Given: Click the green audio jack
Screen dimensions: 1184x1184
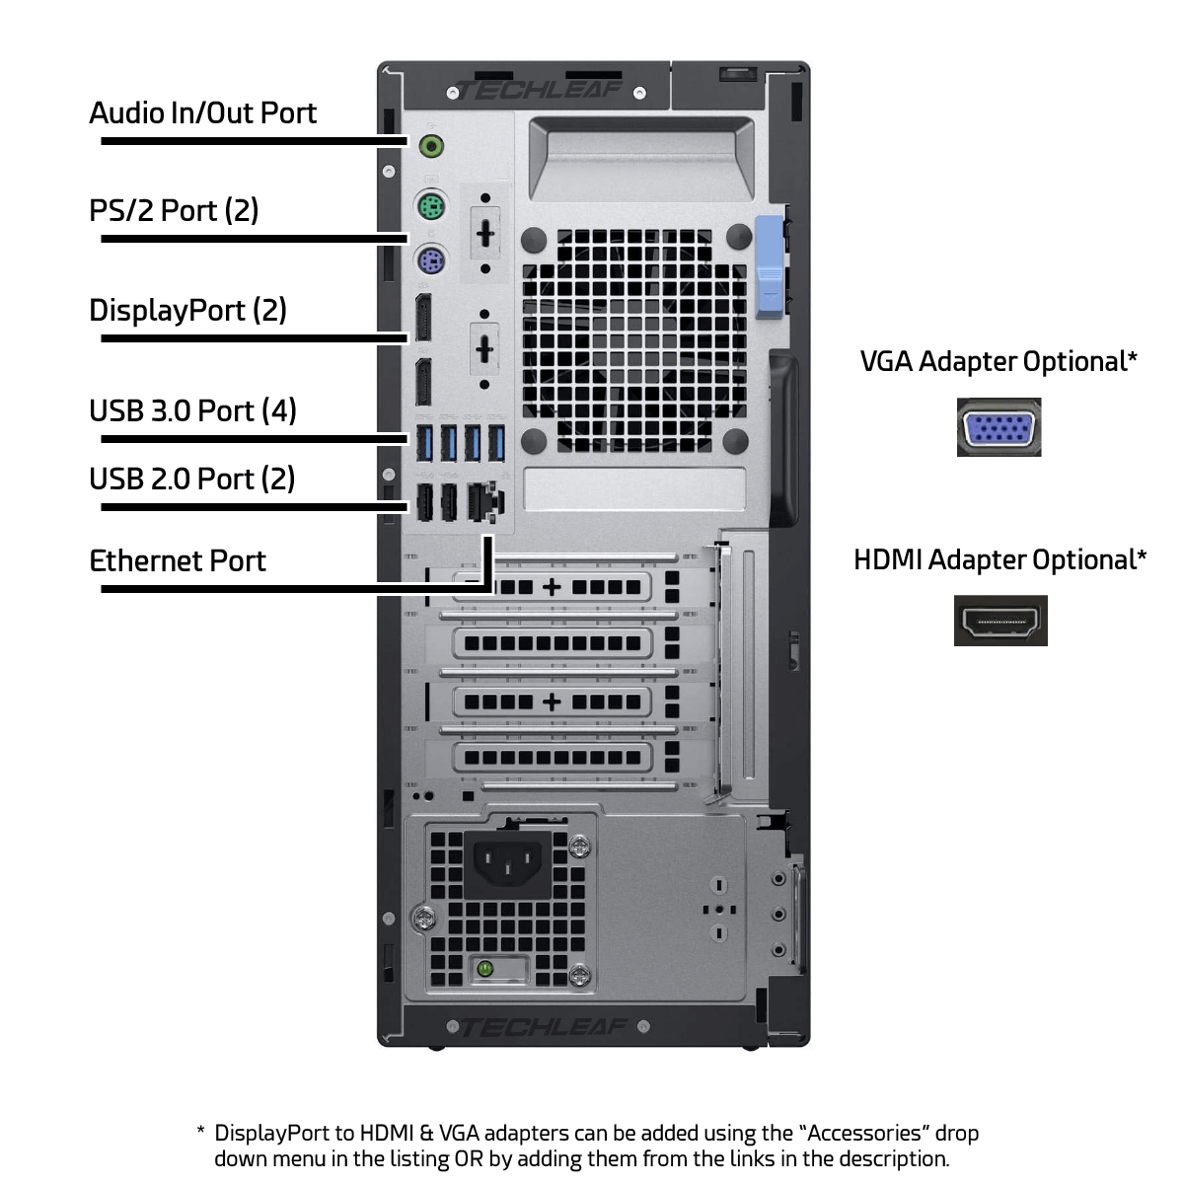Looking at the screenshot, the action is (431, 146).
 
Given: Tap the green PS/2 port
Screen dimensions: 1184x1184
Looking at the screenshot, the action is (431, 206).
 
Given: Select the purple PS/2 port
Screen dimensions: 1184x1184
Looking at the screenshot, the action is (431, 260).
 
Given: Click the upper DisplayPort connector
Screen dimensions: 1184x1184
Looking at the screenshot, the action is (423, 318).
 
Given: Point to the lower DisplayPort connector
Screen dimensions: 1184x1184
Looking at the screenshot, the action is (423, 382).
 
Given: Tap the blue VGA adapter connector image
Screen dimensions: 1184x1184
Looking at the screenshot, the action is (999, 427).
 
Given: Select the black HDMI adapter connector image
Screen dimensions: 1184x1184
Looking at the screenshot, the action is (1000, 621).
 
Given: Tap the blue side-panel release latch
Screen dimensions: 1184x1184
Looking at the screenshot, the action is (770, 267).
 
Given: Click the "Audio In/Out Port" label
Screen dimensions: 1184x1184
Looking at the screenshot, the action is (203, 113).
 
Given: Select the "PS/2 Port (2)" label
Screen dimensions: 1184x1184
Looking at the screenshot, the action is (174, 211).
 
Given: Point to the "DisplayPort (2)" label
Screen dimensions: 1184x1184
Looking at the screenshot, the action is (188, 310).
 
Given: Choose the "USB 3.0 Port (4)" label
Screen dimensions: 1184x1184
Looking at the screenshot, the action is (193, 411).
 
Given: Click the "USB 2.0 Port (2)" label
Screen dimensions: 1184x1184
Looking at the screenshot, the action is (192, 480).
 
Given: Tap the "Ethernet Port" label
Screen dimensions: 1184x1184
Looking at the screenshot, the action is (178, 561).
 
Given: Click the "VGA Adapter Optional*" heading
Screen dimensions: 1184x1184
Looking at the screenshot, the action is (999, 362).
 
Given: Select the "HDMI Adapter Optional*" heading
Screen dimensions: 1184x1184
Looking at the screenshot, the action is (1000, 559).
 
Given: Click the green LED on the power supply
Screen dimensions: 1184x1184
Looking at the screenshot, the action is (484, 970).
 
